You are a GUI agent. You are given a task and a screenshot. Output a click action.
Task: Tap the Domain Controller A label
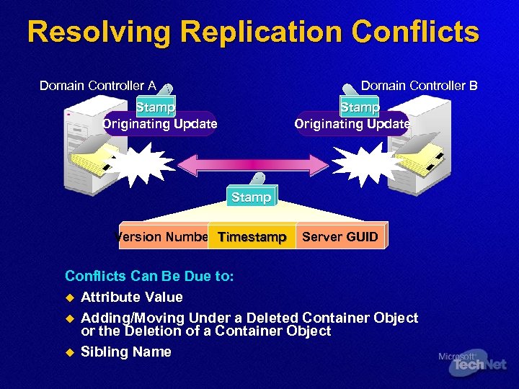click(97, 86)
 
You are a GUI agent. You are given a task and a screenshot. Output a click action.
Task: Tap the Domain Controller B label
click(419, 86)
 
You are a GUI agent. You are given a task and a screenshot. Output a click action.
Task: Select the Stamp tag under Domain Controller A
click(155, 107)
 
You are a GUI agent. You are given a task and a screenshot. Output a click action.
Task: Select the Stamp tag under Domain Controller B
click(360, 107)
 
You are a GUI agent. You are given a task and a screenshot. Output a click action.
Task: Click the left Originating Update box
click(159, 124)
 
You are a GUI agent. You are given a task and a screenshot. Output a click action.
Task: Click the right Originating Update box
click(352, 124)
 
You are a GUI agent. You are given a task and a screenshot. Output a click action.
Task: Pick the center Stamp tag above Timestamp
click(252, 197)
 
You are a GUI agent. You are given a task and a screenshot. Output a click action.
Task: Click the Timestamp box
click(252, 237)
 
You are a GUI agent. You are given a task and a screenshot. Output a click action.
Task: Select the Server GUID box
click(340, 237)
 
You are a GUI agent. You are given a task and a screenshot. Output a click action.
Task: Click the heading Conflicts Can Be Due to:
click(149, 276)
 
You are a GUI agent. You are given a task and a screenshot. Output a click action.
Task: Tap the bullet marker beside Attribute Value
click(70, 298)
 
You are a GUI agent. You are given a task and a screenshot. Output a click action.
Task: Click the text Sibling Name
click(126, 352)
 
